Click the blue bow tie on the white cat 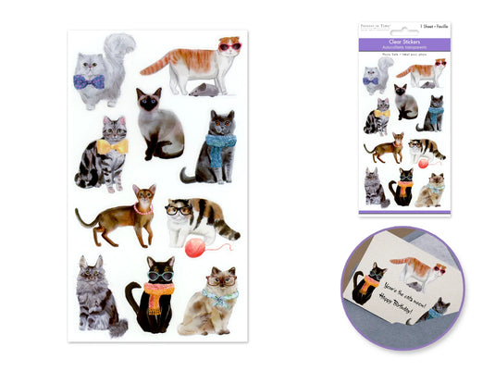click(90, 81)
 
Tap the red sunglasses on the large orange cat click(229, 45)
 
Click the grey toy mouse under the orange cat click(202, 90)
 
